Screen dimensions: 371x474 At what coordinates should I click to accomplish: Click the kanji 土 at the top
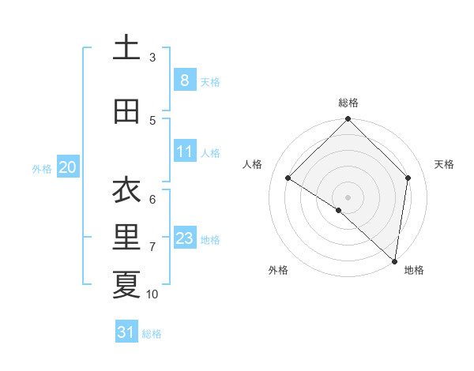pyautogui.click(x=126, y=48)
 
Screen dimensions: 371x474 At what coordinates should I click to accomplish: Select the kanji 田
pyautogui.click(x=126, y=111)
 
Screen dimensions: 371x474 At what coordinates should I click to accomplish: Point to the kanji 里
pyautogui.click(x=126, y=237)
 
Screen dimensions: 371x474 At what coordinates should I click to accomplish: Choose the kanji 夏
pyautogui.click(x=126, y=284)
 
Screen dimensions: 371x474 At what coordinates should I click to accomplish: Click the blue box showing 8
pyautogui.click(x=184, y=80)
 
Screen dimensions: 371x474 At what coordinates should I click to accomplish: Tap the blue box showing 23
pyautogui.click(x=184, y=238)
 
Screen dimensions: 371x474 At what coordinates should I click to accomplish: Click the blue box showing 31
pyautogui.click(x=126, y=332)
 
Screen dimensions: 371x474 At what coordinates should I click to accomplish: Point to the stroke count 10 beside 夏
pyautogui.click(x=152, y=294)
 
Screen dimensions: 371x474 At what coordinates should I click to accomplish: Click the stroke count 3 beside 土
pyautogui.click(x=152, y=58)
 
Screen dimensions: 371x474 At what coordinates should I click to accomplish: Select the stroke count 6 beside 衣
pyautogui.click(x=152, y=200)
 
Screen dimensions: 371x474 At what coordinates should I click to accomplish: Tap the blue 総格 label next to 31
pyautogui.click(x=152, y=334)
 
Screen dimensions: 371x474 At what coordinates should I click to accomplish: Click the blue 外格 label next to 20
pyautogui.click(x=42, y=168)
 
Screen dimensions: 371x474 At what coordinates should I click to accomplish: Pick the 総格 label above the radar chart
pyautogui.click(x=348, y=103)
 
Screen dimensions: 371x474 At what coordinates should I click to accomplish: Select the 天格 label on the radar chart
pyautogui.click(x=444, y=164)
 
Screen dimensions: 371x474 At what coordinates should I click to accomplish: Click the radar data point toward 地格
pyautogui.click(x=394, y=260)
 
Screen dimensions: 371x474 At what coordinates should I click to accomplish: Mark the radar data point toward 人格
pyautogui.click(x=288, y=178)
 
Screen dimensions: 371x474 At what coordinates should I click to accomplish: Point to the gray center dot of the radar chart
pyautogui.click(x=348, y=197)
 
